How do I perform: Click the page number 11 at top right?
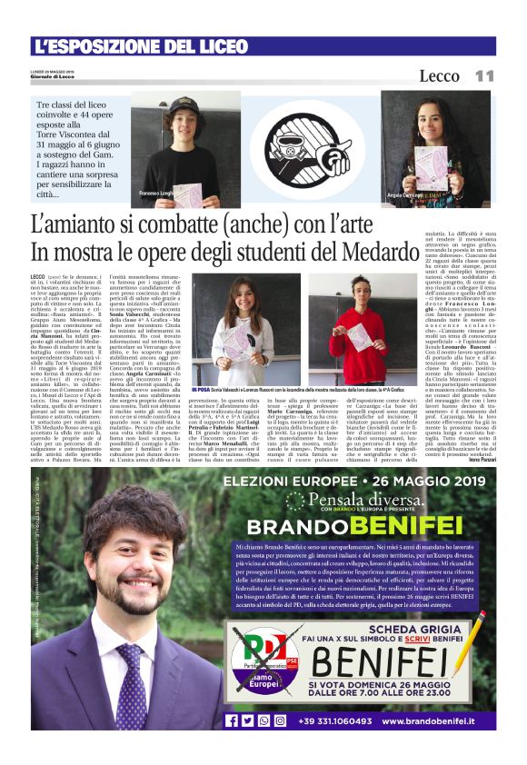(484, 76)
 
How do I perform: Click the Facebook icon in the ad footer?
(232, 720)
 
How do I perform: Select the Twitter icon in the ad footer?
(247, 720)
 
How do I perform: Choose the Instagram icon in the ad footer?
(279, 720)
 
